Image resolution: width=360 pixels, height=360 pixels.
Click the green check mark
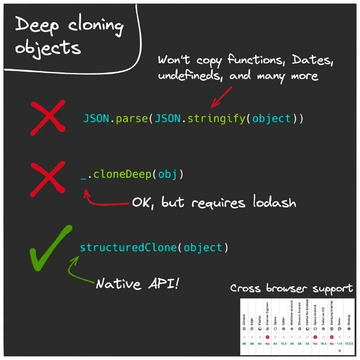pos(49,248)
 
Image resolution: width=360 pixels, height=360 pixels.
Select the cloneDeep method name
pos(122,174)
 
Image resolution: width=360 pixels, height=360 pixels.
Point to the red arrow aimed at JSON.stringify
pos(220,97)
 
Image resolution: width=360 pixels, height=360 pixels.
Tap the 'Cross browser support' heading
pos(292,288)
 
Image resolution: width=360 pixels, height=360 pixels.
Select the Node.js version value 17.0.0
pos(349,344)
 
